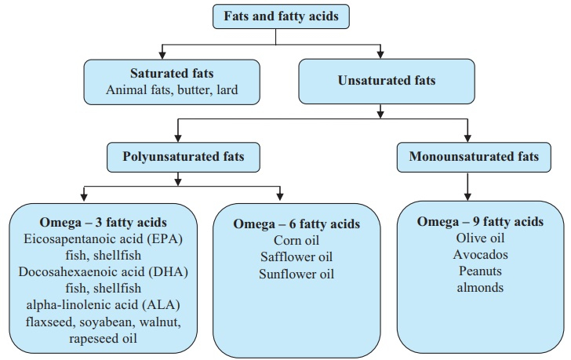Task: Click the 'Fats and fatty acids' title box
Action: (x=281, y=16)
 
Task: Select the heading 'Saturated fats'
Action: (x=172, y=73)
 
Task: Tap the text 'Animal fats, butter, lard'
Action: (x=172, y=89)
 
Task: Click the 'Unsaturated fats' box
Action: (x=387, y=81)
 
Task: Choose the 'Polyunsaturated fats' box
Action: (x=184, y=157)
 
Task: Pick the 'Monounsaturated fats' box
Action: (x=474, y=157)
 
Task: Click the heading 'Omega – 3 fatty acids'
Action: (x=103, y=222)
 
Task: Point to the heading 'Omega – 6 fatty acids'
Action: (x=296, y=224)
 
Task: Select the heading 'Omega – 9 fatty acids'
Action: (x=480, y=221)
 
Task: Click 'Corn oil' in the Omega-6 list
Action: (x=296, y=240)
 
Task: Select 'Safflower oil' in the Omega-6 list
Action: (x=296, y=256)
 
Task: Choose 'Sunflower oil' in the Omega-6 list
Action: (x=296, y=274)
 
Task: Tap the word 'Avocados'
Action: (x=480, y=254)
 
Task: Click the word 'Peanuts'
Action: (x=480, y=271)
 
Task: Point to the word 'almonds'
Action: (x=480, y=288)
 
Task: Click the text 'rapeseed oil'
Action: (x=103, y=339)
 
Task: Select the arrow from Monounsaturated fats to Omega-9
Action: (x=467, y=187)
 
